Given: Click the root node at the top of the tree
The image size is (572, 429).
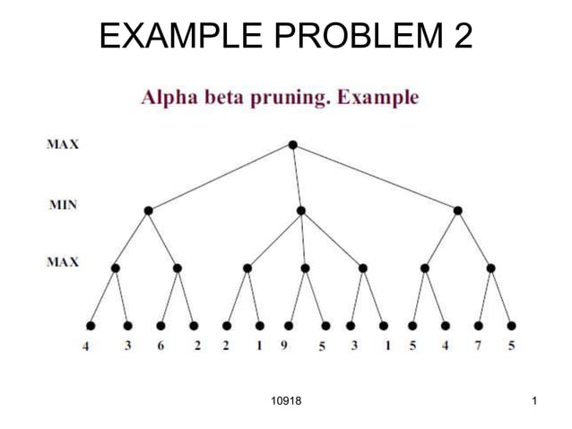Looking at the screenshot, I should click(x=293, y=145).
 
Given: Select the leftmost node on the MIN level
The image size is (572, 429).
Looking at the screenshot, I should click(x=148, y=211).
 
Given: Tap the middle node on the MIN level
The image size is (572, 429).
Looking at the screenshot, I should click(x=301, y=211).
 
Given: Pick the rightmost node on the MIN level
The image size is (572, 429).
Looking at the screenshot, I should click(x=458, y=211).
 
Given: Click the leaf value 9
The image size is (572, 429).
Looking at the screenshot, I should click(x=284, y=347).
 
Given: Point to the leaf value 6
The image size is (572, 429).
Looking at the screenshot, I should click(x=160, y=347).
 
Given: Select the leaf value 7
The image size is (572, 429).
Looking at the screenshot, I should click(x=479, y=347).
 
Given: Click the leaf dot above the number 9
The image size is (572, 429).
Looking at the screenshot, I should click(x=289, y=325).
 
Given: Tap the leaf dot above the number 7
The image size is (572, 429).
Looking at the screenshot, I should click(x=479, y=325).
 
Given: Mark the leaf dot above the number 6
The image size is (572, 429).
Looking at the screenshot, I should click(x=160, y=325).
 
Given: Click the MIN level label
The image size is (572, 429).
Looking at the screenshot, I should click(x=62, y=205).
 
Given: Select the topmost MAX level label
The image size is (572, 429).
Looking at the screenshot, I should click(x=62, y=144).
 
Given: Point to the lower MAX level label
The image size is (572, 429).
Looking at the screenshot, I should click(x=62, y=262).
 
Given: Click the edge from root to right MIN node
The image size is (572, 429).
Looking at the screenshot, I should click(x=376, y=178).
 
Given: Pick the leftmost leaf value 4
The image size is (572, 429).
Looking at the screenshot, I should click(x=86, y=347).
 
